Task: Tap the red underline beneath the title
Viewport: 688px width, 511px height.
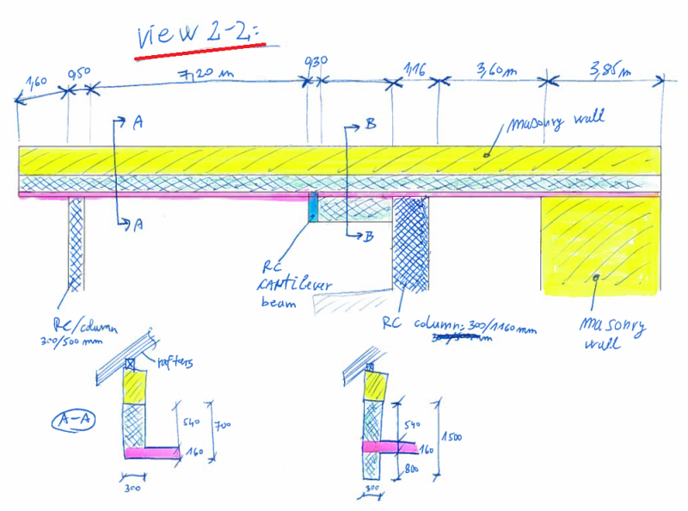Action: (x=200, y=51)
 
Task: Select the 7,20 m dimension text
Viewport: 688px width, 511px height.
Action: (x=206, y=74)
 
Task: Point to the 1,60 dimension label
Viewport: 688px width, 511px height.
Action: (x=36, y=83)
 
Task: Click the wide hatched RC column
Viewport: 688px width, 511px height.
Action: (x=411, y=241)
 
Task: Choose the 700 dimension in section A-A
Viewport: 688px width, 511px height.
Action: (x=223, y=424)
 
